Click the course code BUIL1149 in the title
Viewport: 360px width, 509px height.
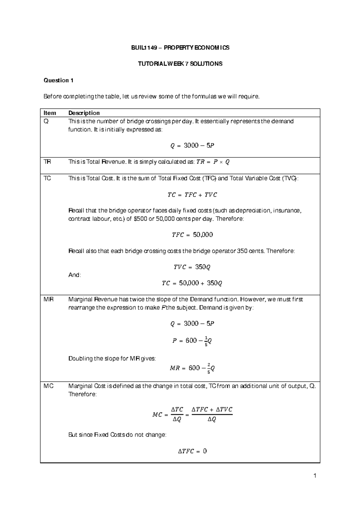[144, 48]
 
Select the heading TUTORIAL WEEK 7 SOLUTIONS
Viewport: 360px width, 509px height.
[180, 64]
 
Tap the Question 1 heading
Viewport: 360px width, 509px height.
[58, 80]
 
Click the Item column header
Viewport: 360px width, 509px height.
[50, 113]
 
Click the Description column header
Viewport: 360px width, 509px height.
[84, 113]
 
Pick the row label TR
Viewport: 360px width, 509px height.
[47, 162]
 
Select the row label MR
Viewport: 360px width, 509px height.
[48, 299]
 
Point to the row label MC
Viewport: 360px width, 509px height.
[48, 386]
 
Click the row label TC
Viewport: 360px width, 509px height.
[47, 178]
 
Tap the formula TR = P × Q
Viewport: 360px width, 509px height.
[213, 162]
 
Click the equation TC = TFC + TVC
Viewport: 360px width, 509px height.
[192, 195]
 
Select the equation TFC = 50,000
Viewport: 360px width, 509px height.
[192, 235]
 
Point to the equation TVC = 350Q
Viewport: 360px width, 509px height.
[192, 267]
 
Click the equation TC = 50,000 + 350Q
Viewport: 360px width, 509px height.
[192, 283]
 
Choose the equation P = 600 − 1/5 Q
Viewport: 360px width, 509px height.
[192, 341]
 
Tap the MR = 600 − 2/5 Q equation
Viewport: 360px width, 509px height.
[192, 368]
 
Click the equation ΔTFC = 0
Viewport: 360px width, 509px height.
[192, 451]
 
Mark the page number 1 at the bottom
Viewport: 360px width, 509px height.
[315, 476]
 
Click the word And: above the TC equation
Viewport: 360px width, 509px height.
[74, 275]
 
